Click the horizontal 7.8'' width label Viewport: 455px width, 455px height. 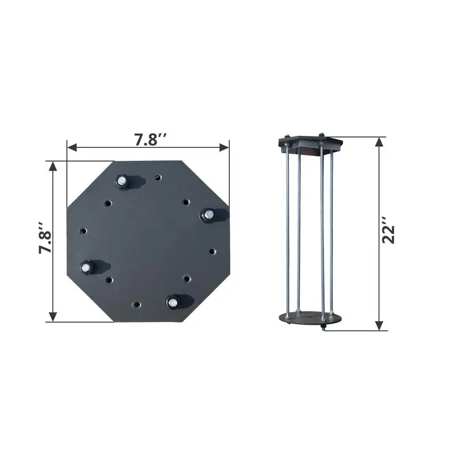tap(148, 140)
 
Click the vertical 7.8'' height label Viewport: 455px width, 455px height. tap(45, 242)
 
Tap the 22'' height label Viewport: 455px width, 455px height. tap(389, 233)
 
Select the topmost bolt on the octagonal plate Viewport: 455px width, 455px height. tap(122, 181)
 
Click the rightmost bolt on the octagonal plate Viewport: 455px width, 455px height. tap(208, 214)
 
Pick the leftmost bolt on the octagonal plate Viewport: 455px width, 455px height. tap(87, 266)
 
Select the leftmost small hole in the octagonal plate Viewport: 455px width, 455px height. tap(84, 231)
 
